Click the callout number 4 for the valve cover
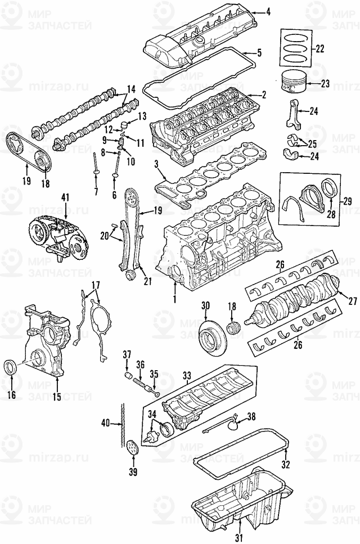click(x=269, y=11)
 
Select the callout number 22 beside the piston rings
click(x=319, y=48)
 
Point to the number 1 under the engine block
click(x=174, y=295)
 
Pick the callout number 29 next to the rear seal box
click(x=347, y=201)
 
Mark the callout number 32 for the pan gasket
click(x=286, y=464)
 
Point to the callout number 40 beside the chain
click(x=105, y=422)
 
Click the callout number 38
click(x=251, y=417)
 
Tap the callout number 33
click(x=187, y=374)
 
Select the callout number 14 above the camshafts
click(x=131, y=89)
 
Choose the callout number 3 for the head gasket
click(x=156, y=164)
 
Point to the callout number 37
click(x=127, y=354)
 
